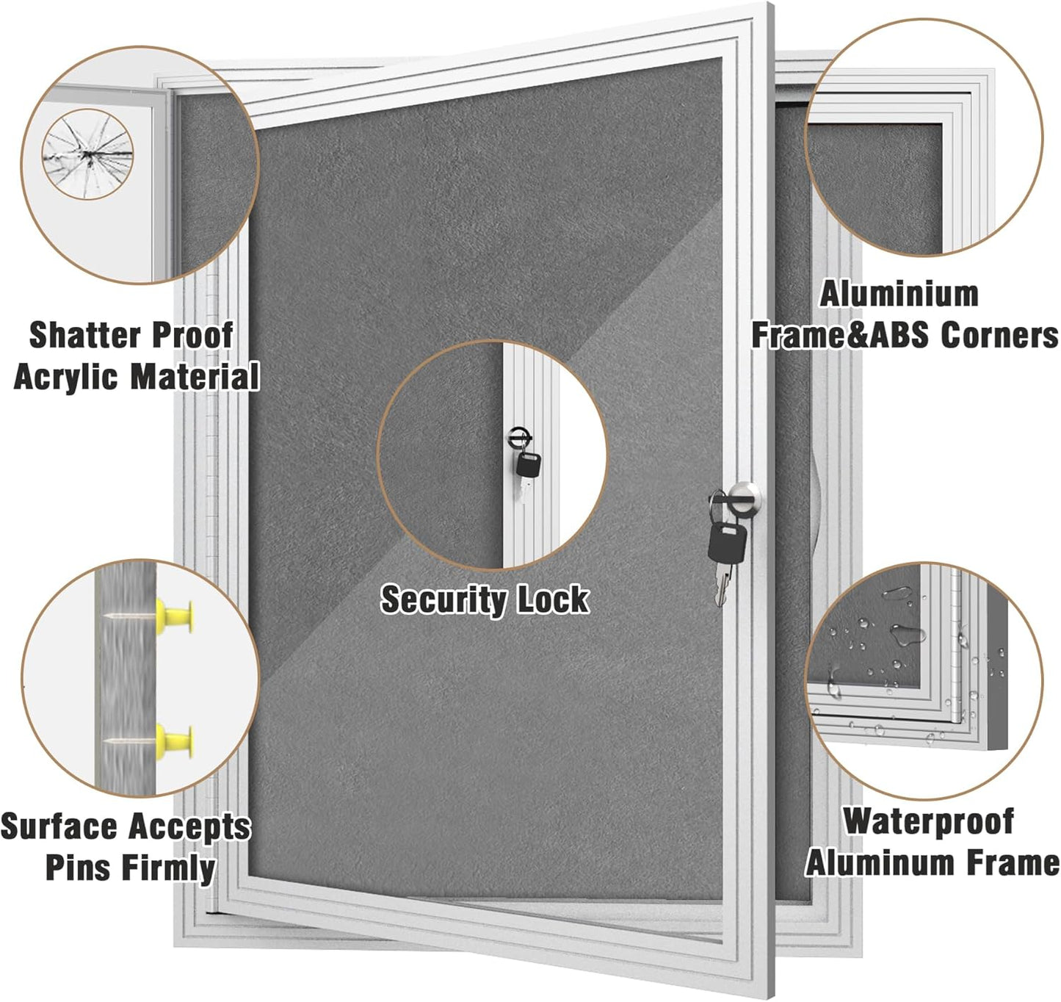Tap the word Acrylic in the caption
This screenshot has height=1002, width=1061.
(66, 377)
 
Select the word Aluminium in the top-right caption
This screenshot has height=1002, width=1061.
(899, 294)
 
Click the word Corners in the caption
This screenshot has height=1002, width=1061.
(999, 335)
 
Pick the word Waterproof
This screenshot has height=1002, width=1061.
(928, 821)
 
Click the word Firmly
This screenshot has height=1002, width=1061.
(168, 868)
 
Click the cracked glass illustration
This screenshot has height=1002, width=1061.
(87, 156)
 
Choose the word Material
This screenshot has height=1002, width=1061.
(195, 377)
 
